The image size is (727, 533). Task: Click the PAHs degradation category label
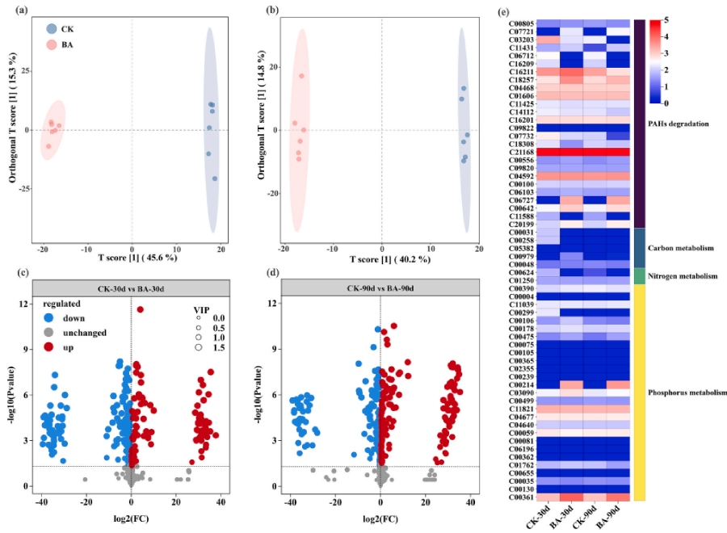pos(678,124)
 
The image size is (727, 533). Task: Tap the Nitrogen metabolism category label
pos(683,276)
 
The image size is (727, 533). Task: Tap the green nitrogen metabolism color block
pos(638,276)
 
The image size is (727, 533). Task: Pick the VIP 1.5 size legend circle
pos(198,347)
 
